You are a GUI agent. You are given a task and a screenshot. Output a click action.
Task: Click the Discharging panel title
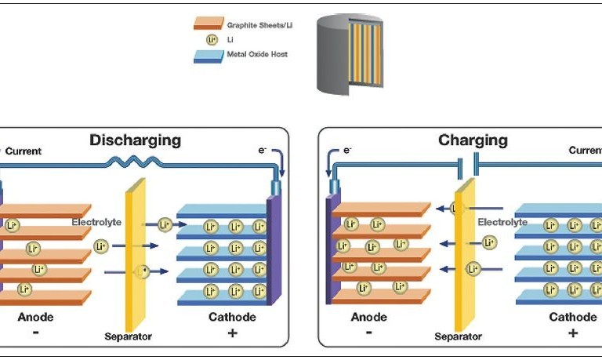point(135,141)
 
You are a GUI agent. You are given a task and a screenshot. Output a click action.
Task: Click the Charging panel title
point(472,141)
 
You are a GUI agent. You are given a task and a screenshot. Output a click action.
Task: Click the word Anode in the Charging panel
point(368,318)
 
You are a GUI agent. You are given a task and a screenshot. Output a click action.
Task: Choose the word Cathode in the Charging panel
point(572,318)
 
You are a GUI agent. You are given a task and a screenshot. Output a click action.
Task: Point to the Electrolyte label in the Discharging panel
point(96,222)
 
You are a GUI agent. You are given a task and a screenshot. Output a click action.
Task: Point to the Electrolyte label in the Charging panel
point(502,222)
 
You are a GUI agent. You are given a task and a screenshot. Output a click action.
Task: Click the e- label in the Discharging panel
point(263,148)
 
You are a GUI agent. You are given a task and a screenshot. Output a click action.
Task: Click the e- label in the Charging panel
point(346,149)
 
